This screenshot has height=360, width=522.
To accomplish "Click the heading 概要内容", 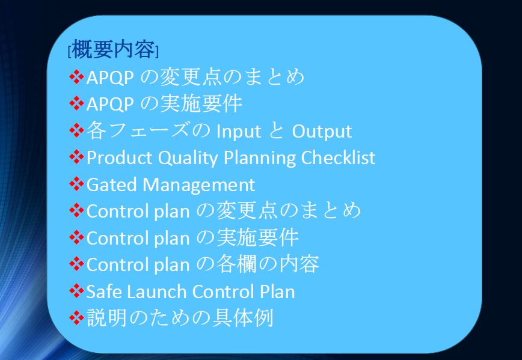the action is [114, 49].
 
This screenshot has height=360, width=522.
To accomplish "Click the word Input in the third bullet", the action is [239, 132].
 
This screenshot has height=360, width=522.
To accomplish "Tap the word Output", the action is [322, 132].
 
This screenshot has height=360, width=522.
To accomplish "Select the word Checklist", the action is [338, 157].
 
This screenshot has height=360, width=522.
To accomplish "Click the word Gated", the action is [111, 185].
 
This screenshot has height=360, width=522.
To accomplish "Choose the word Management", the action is [198, 185].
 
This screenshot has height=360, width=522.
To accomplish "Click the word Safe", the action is [103, 291].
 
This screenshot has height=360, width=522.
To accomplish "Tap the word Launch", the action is [156, 291].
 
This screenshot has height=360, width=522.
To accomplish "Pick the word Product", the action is [119, 157].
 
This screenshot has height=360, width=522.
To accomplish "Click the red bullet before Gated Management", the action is [76, 185].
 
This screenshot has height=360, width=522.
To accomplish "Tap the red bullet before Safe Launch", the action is [76, 291].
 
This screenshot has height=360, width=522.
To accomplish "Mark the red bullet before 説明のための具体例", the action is [76, 317].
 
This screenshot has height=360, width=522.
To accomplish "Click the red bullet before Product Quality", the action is [76, 157].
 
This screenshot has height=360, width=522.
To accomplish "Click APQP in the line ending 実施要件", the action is [110, 105].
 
